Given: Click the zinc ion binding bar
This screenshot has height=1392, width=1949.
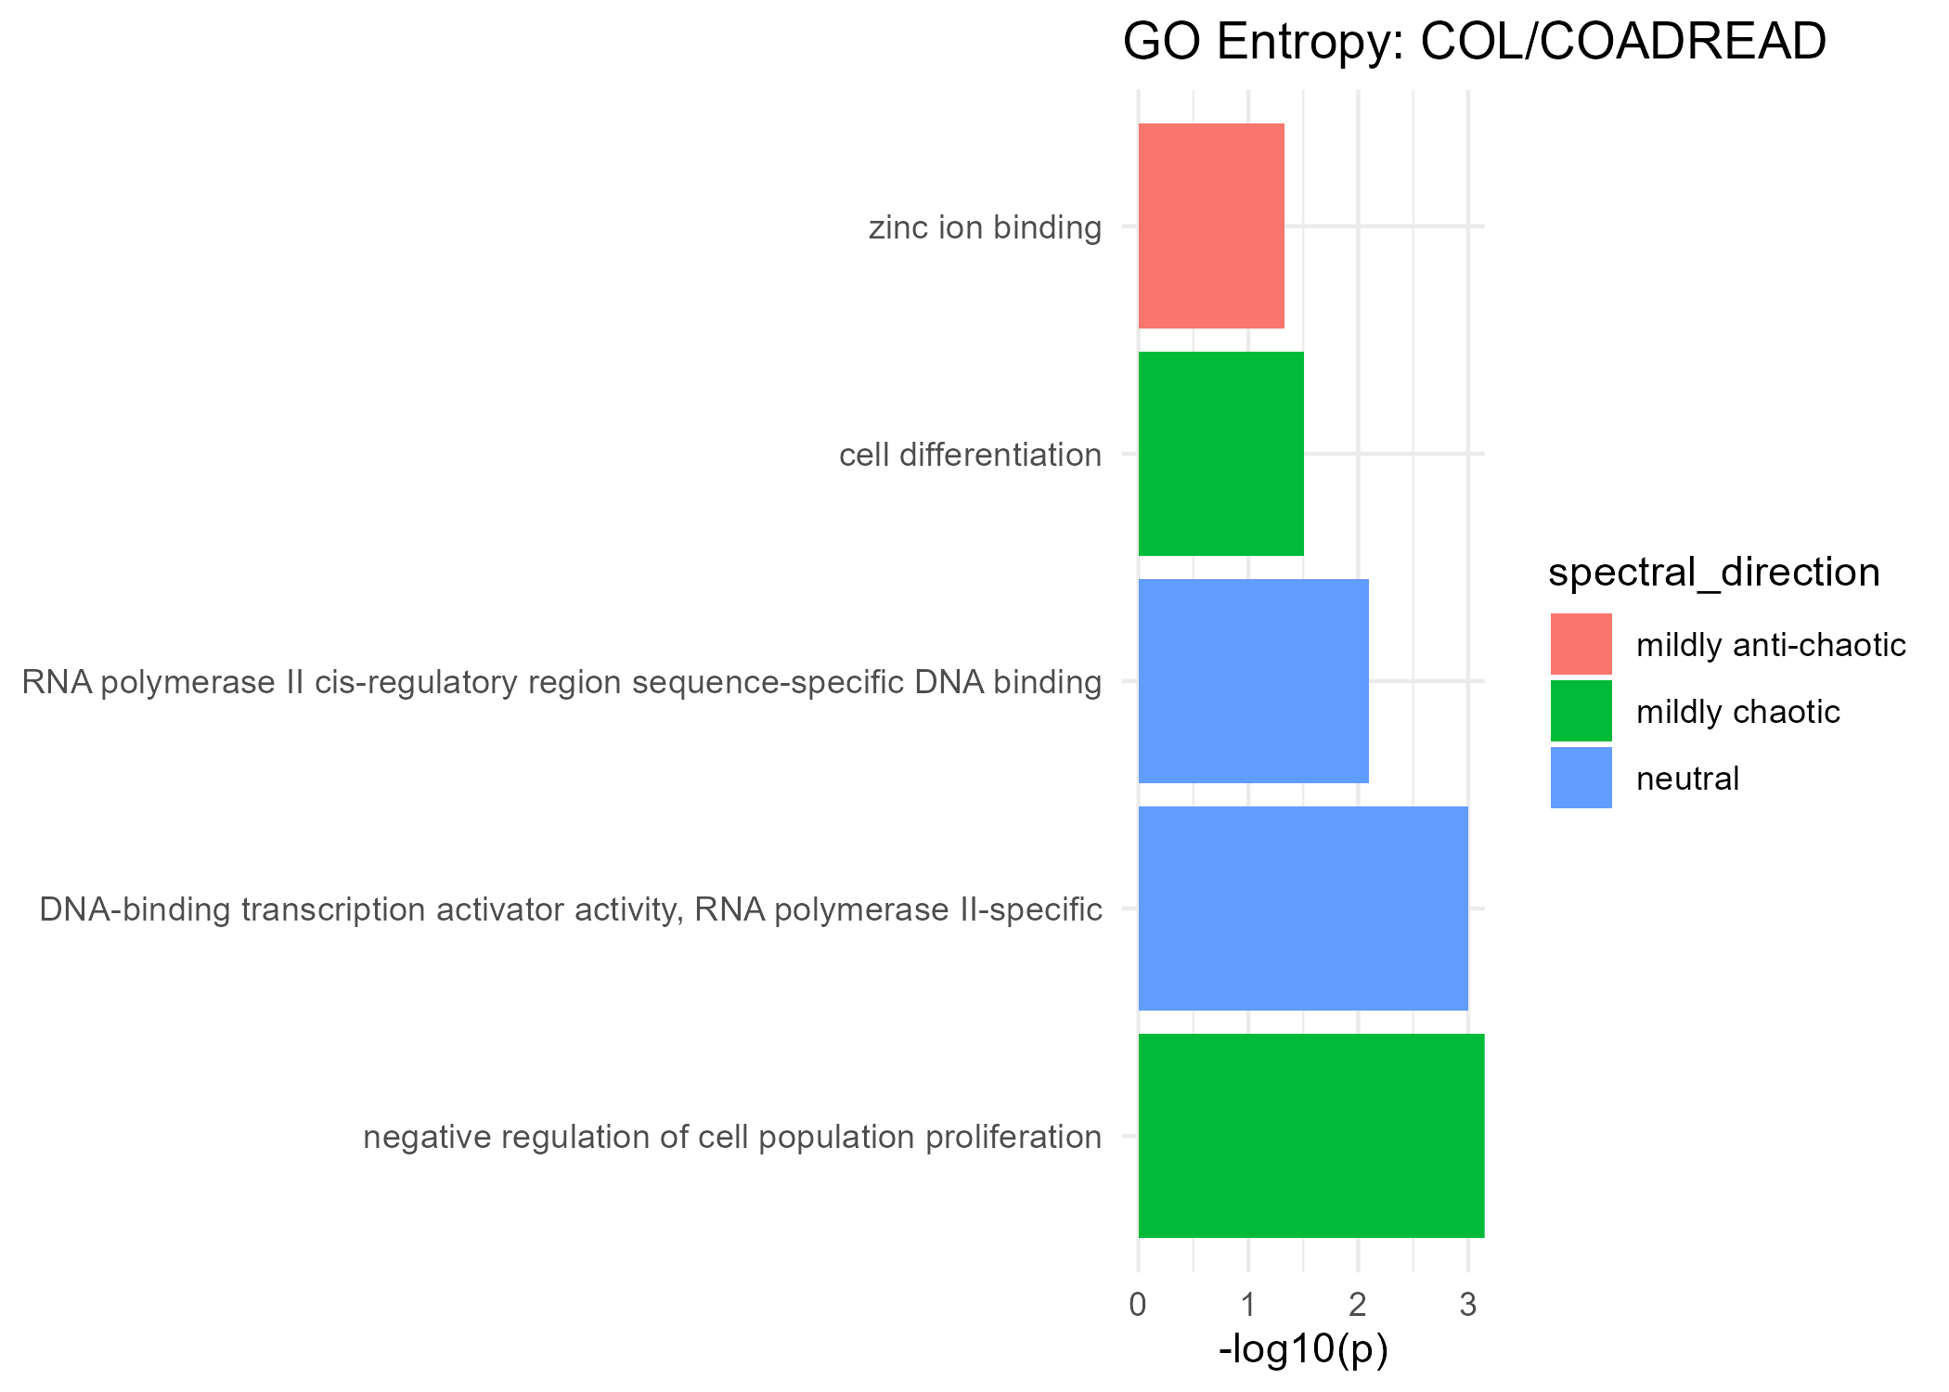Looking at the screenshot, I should (1211, 226).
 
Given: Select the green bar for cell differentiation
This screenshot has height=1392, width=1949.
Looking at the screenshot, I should (1220, 454).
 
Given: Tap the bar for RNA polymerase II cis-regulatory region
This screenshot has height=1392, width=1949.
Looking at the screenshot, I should (1253, 681).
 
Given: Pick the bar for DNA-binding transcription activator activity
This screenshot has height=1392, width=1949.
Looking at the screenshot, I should (1303, 909).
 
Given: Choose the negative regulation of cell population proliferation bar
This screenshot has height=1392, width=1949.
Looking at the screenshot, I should (1310, 1136).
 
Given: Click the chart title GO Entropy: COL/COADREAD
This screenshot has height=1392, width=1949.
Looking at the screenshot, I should (1474, 43).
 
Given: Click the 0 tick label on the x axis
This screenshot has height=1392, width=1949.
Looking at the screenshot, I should (1138, 1306).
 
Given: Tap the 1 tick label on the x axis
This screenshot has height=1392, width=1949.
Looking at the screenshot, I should (1248, 1306).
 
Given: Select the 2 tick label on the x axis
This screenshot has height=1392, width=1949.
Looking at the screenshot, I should (1358, 1306).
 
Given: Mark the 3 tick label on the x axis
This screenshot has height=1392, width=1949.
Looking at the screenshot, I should (1467, 1306).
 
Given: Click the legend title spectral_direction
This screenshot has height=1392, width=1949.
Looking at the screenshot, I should (1713, 573).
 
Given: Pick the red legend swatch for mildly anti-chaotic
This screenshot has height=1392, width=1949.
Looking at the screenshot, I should (1581, 644).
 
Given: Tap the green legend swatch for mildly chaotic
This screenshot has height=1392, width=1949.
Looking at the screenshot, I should (1581, 711).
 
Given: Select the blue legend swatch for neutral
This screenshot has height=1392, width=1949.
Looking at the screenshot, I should (1581, 778).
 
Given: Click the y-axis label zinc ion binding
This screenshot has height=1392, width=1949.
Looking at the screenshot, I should (985, 227).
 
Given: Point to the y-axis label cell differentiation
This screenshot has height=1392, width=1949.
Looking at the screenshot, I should (970, 455).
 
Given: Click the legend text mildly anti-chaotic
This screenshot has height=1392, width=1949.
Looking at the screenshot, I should (1770, 645).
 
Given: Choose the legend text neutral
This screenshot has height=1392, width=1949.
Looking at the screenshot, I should (1687, 779).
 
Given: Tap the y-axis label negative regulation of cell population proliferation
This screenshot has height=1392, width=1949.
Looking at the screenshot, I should (732, 1137).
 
